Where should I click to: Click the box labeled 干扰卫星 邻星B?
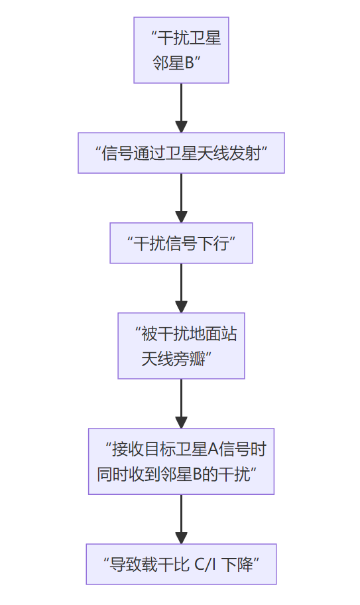(x=181, y=50)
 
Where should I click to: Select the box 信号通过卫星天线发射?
(x=181, y=153)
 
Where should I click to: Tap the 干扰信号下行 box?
(x=181, y=242)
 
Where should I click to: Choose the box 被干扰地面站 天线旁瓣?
(x=181, y=346)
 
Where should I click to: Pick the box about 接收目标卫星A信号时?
(x=181, y=461)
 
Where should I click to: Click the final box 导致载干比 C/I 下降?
(x=181, y=565)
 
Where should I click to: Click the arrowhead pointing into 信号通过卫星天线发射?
(x=181, y=127)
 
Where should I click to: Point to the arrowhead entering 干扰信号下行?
(x=181, y=217)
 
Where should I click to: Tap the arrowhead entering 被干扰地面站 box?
(x=181, y=306)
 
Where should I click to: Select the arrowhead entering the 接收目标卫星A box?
(x=181, y=423)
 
